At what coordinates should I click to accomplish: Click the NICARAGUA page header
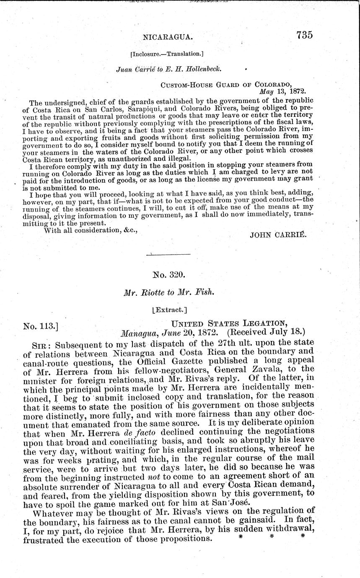(168, 37)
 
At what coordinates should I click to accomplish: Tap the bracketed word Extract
(169, 310)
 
